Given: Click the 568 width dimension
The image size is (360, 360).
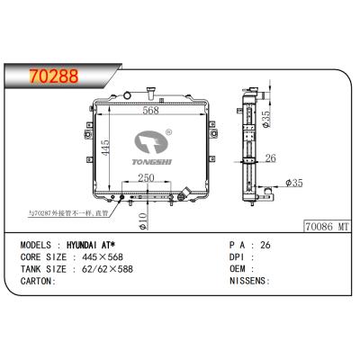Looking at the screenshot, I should (151, 111).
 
